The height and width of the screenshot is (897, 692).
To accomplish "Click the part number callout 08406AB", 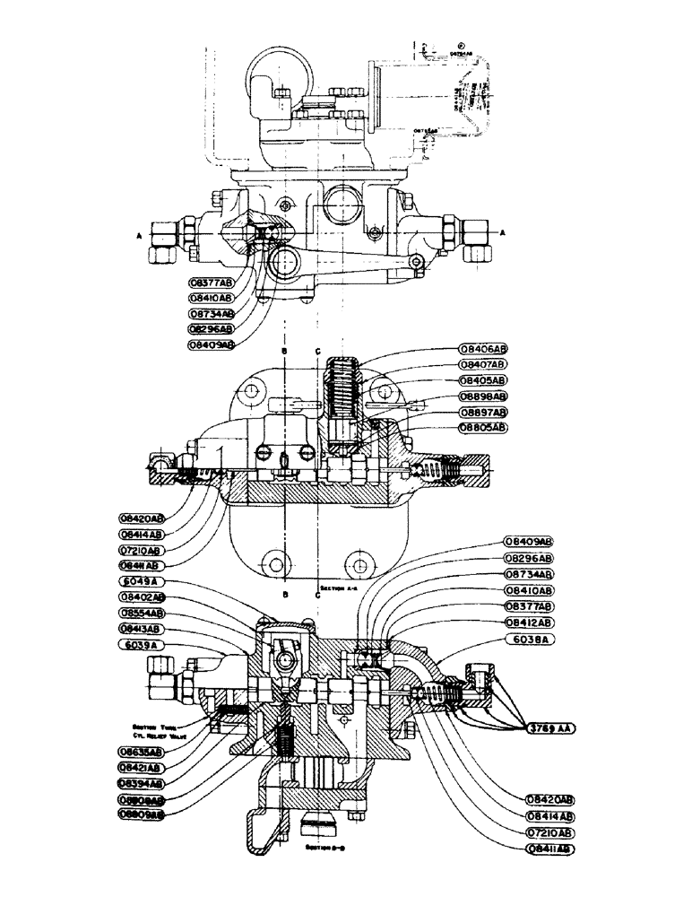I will point(482,347).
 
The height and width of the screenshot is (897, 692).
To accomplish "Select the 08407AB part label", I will point(482,364).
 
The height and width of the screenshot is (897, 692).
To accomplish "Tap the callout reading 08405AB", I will point(482,379).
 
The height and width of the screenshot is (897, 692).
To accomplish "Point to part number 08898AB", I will point(482,396).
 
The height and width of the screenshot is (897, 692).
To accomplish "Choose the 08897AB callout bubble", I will point(482,412).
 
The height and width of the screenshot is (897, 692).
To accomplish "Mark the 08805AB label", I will point(482,427).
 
